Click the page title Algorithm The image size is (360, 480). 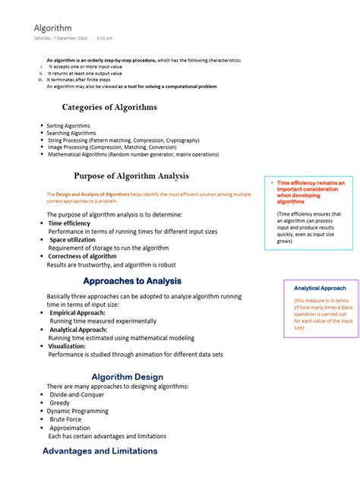pyautogui.click(x=52, y=27)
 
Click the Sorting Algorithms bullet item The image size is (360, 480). pyautogui.click(x=68, y=125)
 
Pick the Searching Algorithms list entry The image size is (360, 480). pyautogui.click(x=71, y=133)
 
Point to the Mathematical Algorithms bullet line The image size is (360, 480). pyautogui.click(x=133, y=154)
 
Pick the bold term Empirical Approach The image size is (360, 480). pyautogui.click(x=77, y=313)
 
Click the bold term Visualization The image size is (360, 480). pyautogui.click(x=67, y=346)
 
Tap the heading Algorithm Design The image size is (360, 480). pyautogui.click(x=127, y=377)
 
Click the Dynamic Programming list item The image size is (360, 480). pyautogui.click(x=80, y=411)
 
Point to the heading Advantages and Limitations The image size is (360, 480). pyautogui.click(x=99, y=451)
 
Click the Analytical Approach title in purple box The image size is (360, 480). pyautogui.click(x=320, y=289)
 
